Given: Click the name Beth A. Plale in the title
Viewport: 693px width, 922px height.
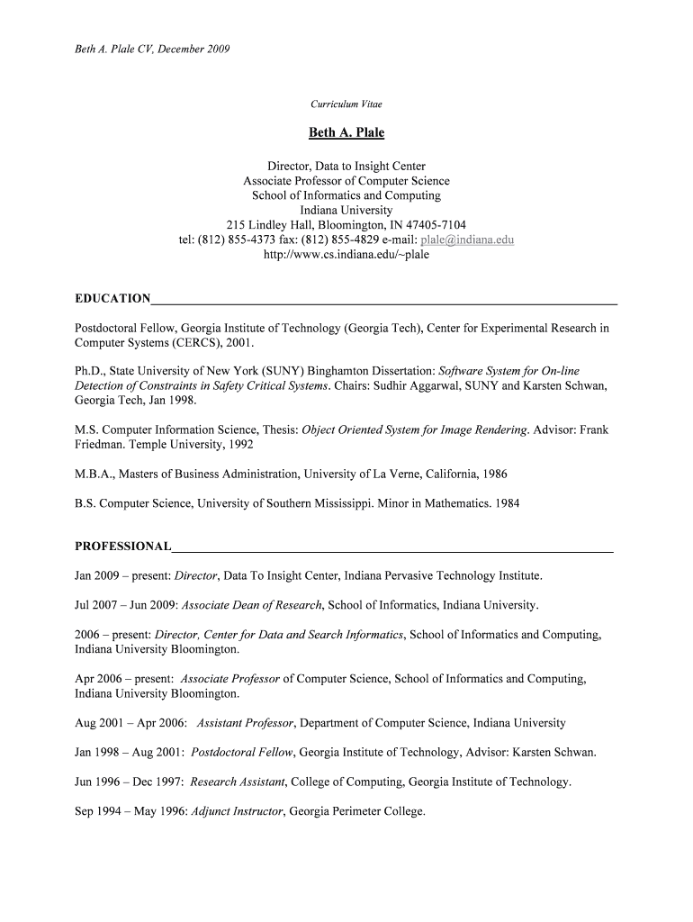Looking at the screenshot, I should (346, 133).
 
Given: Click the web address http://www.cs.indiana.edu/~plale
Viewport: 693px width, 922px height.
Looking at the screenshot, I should (346, 255).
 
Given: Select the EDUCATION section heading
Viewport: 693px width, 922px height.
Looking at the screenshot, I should (112, 299).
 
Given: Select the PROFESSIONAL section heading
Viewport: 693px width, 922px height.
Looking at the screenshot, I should (122, 547).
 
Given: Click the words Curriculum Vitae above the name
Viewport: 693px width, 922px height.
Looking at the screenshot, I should (346, 104).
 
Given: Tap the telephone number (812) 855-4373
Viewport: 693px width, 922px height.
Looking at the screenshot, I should (235, 240).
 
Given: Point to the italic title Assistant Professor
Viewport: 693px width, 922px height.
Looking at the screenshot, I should (245, 723).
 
